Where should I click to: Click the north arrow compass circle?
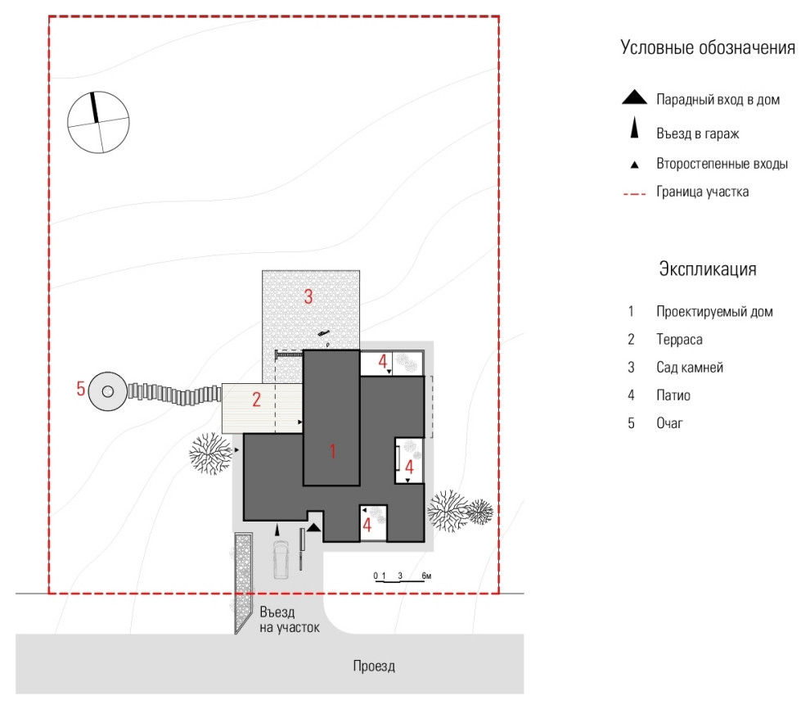pyautogui.click(x=98, y=122)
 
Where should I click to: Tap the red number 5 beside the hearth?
pyautogui.click(x=80, y=389)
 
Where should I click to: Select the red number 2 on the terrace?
pyautogui.click(x=255, y=400)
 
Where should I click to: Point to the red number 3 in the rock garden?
pyautogui.click(x=308, y=296)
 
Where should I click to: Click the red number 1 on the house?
pyautogui.click(x=332, y=450)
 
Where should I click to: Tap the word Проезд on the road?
pyautogui.click(x=374, y=666)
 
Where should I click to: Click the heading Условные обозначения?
pyautogui.click(x=708, y=47)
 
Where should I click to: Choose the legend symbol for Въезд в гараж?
pyautogui.click(x=633, y=130)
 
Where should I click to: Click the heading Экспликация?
pyautogui.click(x=707, y=269)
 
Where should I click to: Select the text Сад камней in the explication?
pyautogui.click(x=689, y=368)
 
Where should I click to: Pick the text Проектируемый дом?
pyautogui.click(x=713, y=311)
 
